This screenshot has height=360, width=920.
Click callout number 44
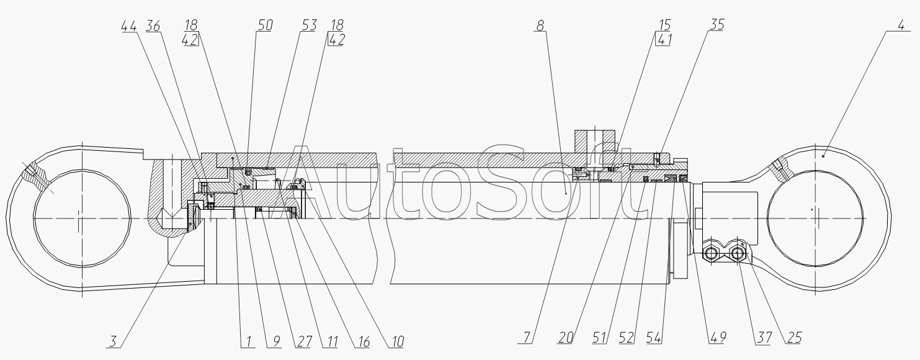[128, 26]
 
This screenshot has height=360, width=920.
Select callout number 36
[153, 26]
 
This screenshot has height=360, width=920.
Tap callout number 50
[265, 25]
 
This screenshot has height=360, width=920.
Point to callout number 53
[310, 25]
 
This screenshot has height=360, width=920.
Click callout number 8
[540, 25]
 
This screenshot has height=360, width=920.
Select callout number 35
[717, 25]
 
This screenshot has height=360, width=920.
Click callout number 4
[901, 25]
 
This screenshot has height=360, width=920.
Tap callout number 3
[113, 341]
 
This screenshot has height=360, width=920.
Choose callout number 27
[304, 341]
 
